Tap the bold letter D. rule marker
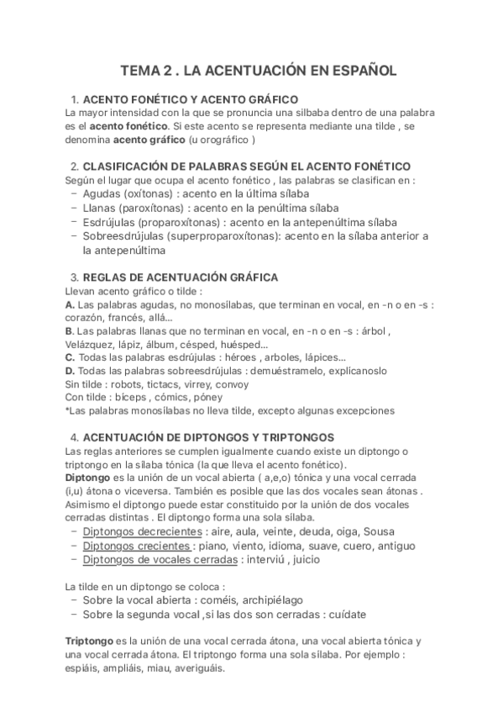(x=71, y=370)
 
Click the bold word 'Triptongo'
(x=92, y=641)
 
